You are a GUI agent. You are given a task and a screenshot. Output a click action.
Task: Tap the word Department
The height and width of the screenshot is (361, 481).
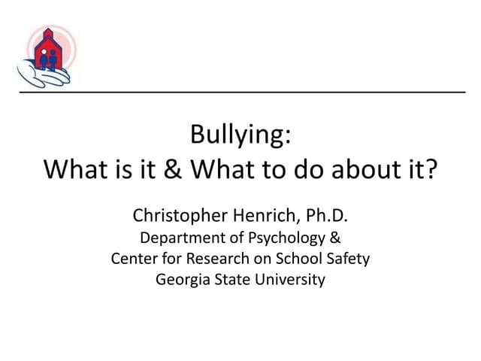178,239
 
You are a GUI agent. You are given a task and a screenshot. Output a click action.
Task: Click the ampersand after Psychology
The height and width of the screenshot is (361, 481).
335,239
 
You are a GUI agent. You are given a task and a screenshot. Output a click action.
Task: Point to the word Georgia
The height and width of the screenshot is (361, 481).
180,280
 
